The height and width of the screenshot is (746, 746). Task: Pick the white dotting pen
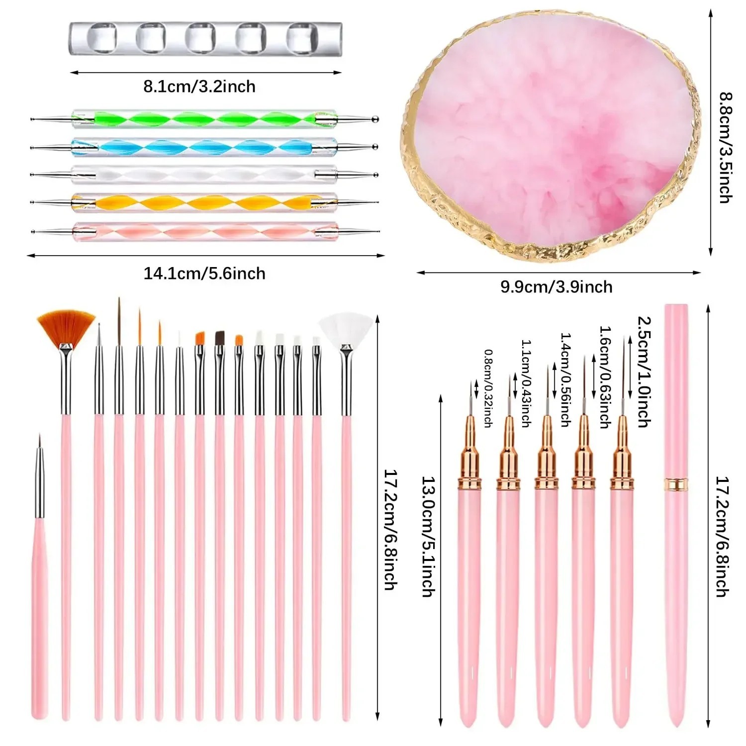click(x=204, y=175)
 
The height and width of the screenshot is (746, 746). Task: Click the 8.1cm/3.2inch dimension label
click(x=199, y=87)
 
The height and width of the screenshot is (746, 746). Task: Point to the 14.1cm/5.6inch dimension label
click(x=204, y=274)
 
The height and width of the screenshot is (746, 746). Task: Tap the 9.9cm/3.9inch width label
click(x=557, y=287)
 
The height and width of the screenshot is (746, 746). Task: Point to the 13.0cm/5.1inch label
click(x=429, y=537)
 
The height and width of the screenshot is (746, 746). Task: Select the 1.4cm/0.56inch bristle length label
click(x=565, y=380)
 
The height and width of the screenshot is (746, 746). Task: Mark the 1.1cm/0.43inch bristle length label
click(x=526, y=383)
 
